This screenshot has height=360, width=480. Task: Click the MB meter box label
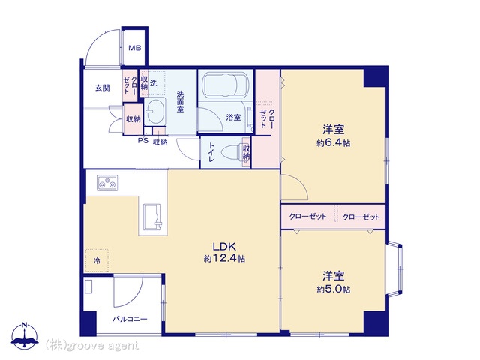[x=135, y=48]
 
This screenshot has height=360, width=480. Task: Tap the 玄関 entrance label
[x=103, y=88]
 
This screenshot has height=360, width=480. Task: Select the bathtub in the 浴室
[x=226, y=84]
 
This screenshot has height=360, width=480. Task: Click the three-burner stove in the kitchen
[x=107, y=183]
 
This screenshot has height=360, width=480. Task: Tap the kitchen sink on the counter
[x=152, y=217]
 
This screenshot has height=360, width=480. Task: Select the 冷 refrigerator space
[x=97, y=261]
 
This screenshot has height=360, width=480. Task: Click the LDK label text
[x=224, y=247]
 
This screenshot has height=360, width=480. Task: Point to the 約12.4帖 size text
[x=224, y=259]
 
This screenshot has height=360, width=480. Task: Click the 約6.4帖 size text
[x=333, y=143]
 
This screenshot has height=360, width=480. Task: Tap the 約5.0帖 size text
[x=333, y=289]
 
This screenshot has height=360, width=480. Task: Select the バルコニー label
[x=130, y=319]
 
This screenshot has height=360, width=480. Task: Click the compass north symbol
[x=25, y=336]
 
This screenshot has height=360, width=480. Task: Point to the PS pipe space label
[x=143, y=141]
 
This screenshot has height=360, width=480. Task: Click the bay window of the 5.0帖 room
[x=395, y=268]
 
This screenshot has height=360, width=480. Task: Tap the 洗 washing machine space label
[x=153, y=82]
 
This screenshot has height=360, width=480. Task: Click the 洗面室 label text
[x=180, y=101]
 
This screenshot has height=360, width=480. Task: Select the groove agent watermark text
[x=92, y=346]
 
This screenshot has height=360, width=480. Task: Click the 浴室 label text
[x=233, y=117]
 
